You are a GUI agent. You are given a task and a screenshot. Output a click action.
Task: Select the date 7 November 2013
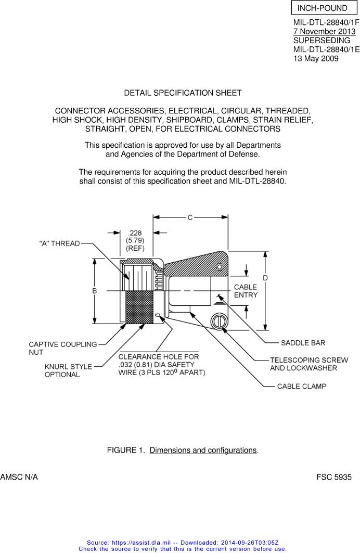click(x=324, y=32)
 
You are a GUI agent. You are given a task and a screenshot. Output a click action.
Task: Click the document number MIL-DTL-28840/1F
click(x=326, y=23)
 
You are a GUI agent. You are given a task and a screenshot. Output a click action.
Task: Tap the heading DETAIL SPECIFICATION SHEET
click(x=183, y=93)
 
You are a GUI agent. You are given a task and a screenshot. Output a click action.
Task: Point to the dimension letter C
click(x=190, y=217)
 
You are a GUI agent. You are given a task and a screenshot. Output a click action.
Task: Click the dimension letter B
click(x=95, y=291)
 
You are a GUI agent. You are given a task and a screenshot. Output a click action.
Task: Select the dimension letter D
click(x=265, y=278)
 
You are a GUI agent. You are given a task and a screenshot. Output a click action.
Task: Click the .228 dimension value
click(x=135, y=233)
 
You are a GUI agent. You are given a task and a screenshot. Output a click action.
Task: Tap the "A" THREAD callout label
click(x=59, y=243)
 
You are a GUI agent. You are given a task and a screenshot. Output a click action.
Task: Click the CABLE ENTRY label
click(x=246, y=291)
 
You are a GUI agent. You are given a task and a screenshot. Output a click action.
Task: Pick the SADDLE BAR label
click(x=303, y=343)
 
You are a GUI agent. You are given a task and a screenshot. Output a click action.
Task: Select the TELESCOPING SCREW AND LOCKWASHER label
click(x=308, y=364)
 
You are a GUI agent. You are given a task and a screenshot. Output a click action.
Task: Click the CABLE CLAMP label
click(x=301, y=387)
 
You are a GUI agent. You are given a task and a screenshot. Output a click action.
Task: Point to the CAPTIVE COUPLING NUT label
click(x=62, y=348)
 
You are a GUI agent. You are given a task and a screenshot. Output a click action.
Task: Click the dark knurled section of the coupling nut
click(x=139, y=307)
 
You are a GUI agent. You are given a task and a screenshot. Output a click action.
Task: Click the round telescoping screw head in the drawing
click(x=218, y=321)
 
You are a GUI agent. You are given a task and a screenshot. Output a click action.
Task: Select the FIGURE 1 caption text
click(x=183, y=450)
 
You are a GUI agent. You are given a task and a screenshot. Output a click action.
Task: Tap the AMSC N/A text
click(x=19, y=477)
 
